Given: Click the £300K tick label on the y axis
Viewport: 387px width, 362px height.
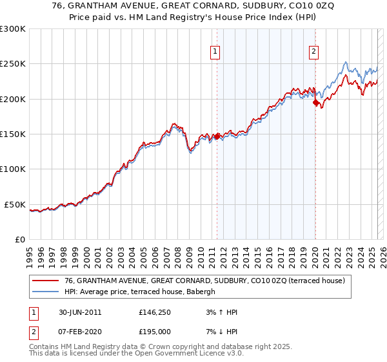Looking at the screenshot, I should [x=13, y=29].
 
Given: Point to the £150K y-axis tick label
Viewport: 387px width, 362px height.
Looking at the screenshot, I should [x=13, y=134].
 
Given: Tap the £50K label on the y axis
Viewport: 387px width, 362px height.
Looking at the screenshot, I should [x=15, y=204].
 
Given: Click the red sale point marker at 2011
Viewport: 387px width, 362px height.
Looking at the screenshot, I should [x=217, y=136].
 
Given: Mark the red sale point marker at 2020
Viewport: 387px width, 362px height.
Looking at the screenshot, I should [x=315, y=102].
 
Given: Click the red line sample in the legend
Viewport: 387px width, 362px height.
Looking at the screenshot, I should [x=46, y=281].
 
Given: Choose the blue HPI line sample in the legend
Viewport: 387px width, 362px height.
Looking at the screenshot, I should [x=46, y=292].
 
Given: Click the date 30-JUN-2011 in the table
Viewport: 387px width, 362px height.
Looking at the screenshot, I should [x=79, y=312].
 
